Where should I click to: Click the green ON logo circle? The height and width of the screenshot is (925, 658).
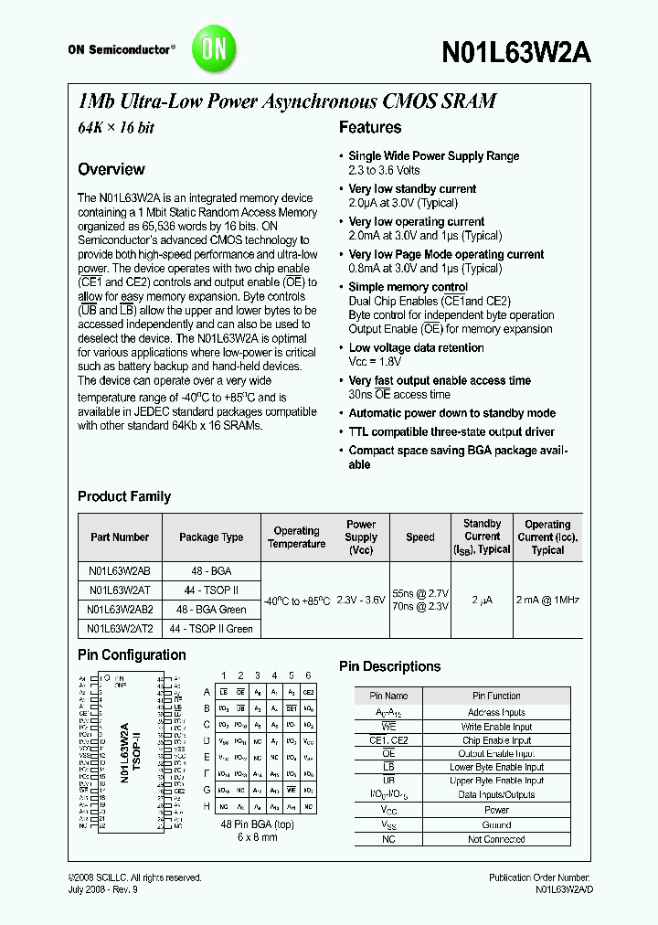[x=213, y=48]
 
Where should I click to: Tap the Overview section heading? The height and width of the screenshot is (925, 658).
[x=111, y=169]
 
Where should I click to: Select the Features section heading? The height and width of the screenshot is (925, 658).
[x=370, y=128]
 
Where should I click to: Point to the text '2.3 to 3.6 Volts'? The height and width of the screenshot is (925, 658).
[x=384, y=170]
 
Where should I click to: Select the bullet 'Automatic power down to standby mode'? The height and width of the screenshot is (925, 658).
[x=451, y=413]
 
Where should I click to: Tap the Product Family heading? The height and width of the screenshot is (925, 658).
[x=124, y=496]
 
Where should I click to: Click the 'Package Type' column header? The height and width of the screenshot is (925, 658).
[x=211, y=537]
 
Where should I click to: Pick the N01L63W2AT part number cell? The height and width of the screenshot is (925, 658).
[x=119, y=590]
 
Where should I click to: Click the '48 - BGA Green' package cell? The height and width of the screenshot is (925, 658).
[x=211, y=609]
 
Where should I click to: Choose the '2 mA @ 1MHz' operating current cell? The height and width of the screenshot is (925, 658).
[x=547, y=600]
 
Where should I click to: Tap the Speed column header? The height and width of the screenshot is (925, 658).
[x=420, y=537]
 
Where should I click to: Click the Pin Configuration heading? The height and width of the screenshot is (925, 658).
[x=132, y=654]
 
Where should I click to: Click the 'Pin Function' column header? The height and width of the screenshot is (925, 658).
[x=496, y=696]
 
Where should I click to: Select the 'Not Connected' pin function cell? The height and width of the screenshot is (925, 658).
[x=496, y=839]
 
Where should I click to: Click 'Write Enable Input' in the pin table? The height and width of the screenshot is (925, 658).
[x=496, y=727]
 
